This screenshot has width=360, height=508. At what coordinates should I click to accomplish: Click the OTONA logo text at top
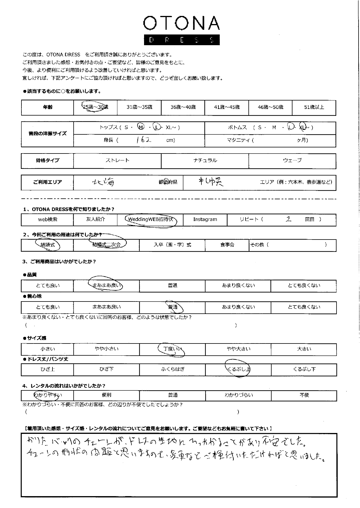(x=181, y=23)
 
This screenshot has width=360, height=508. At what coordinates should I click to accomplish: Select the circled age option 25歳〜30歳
(x=95, y=107)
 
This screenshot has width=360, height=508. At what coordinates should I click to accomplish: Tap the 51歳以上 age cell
(x=314, y=107)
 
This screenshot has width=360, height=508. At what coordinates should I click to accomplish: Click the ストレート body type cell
(x=117, y=160)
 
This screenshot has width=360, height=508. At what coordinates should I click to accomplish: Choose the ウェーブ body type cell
(x=292, y=160)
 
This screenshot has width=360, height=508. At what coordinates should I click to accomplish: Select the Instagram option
(x=205, y=220)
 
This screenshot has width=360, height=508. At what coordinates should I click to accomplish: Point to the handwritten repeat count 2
(x=288, y=219)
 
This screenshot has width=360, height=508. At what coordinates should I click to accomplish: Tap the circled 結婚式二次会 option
(x=106, y=245)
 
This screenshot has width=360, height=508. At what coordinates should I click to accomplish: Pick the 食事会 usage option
(x=227, y=245)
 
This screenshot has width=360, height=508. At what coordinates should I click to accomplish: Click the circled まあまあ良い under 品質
(x=106, y=286)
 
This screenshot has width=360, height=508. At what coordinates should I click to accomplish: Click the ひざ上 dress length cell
(x=48, y=369)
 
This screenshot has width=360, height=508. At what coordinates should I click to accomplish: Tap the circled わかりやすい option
(x=48, y=395)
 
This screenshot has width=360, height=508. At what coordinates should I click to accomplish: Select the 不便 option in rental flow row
(x=304, y=395)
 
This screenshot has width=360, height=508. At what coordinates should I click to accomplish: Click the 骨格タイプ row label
(x=47, y=160)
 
